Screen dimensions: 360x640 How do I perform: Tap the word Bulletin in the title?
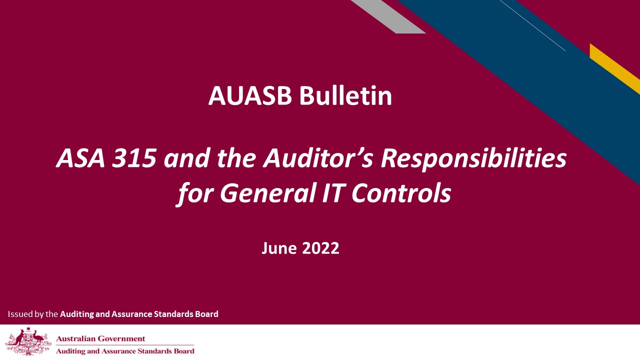point(346,95)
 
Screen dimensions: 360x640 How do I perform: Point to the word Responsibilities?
point(474,159)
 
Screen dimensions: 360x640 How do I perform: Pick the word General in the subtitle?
point(260,193)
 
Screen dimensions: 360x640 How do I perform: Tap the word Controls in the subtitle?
point(401,193)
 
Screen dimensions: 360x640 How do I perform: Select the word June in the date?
point(278,248)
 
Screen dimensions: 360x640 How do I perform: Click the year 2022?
point(319,248)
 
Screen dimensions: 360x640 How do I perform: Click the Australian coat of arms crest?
point(28,341)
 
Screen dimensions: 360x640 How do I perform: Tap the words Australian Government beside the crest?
point(100,339)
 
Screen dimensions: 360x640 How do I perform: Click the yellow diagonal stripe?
point(614,68)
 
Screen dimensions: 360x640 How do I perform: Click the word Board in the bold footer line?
point(207,314)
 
